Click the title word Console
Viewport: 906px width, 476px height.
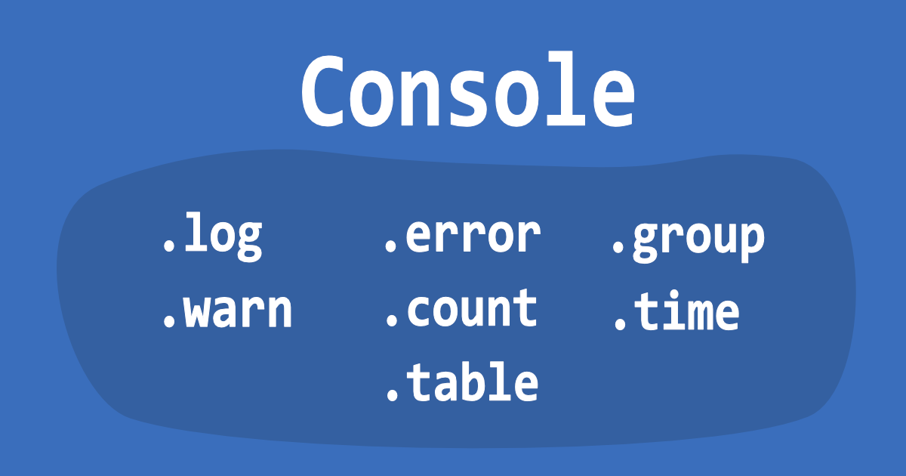click(x=468, y=89)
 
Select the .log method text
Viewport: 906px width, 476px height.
click(x=213, y=236)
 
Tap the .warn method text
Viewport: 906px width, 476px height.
click(x=227, y=311)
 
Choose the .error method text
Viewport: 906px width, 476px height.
click(x=463, y=236)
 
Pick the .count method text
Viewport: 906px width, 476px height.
click(x=462, y=308)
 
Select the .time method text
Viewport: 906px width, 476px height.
click(x=677, y=311)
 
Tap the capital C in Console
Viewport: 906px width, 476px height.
click(x=324, y=90)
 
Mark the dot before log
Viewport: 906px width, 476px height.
click(x=168, y=246)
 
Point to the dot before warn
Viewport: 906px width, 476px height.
click(x=168, y=321)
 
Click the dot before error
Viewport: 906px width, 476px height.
click(x=390, y=246)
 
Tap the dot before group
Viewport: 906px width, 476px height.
click(x=618, y=246)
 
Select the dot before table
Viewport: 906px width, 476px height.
click(x=393, y=394)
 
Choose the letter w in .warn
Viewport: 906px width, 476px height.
click(x=197, y=311)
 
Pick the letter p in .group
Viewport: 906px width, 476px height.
click(x=751, y=242)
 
